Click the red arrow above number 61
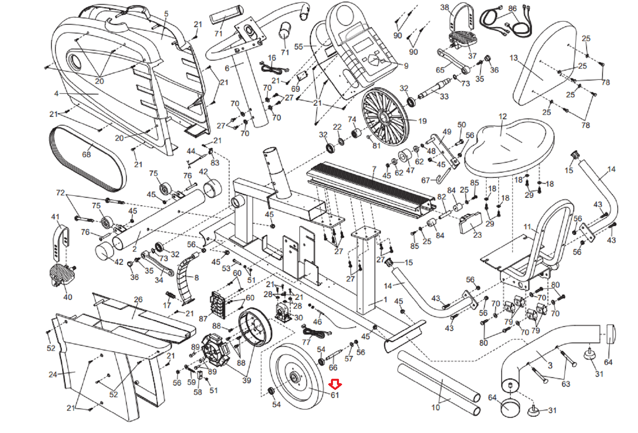tap(335, 384)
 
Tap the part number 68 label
tap(86, 154)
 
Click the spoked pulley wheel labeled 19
tap(385, 116)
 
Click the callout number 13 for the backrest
tap(513, 58)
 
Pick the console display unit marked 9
tap(363, 52)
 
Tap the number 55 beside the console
tap(298, 47)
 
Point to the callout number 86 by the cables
tap(512, 8)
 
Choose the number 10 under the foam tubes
tap(435, 407)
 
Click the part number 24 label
tap(53, 374)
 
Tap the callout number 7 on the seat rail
tap(374, 169)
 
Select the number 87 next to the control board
tap(203, 319)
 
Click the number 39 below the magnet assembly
tap(246, 380)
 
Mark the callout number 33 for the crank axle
tap(444, 96)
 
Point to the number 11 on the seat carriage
tap(527, 227)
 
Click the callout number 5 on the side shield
tap(166, 14)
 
